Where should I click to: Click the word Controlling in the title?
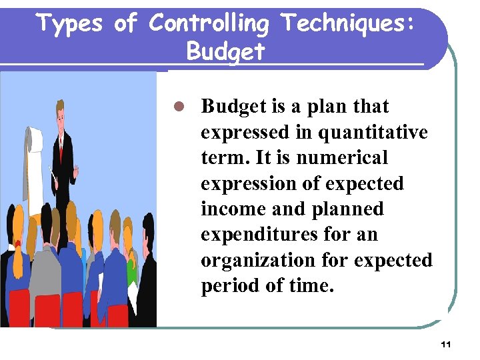pyautogui.click(x=208, y=24)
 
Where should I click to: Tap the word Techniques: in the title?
pyautogui.click(x=348, y=24)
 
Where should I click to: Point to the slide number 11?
pyautogui.click(x=446, y=345)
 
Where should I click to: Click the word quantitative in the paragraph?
pyautogui.click(x=373, y=133)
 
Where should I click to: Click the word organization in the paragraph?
pyautogui.click(x=257, y=259)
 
